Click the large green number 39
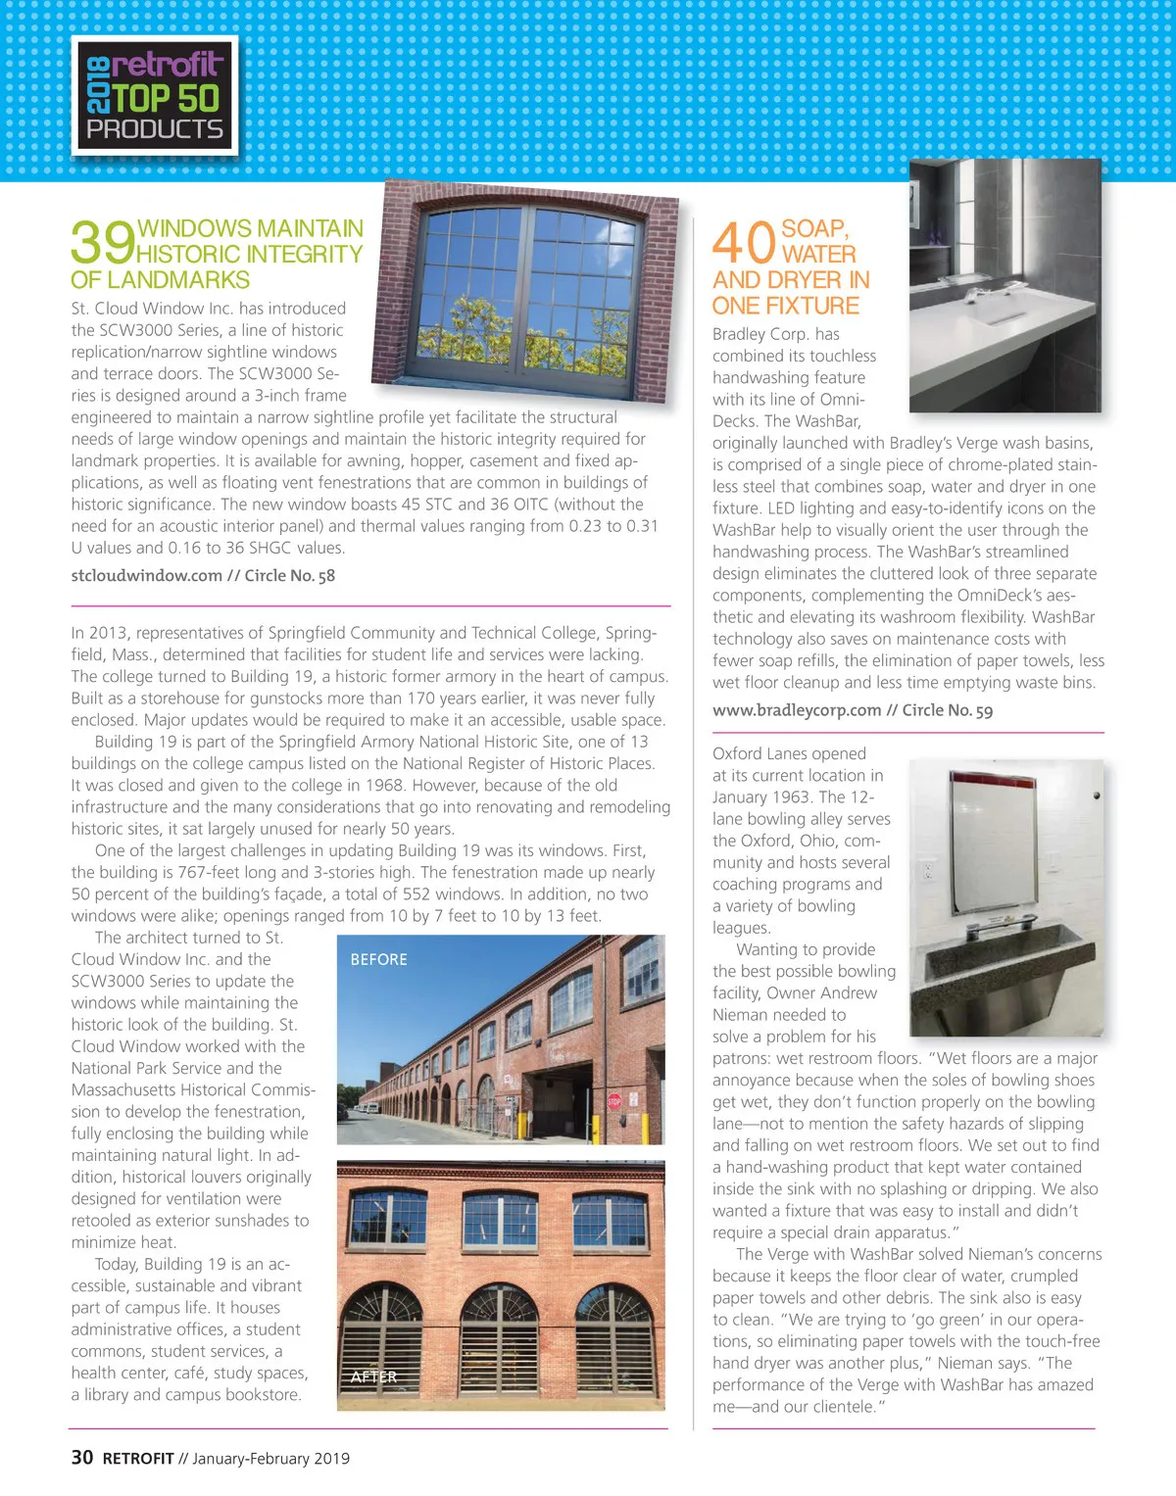tap(102, 242)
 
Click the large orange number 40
tap(744, 242)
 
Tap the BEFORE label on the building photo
tap(378, 959)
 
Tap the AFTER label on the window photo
tap(373, 1376)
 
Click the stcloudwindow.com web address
tap(146, 575)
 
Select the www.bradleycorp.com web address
tap(797, 710)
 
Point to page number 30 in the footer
tap(82, 1458)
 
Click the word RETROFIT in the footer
tap(138, 1459)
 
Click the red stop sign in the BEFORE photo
tap(614, 1101)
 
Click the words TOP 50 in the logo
tap(167, 98)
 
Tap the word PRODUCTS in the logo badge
tap(155, 129)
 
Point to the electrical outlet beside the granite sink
tap(927, 870)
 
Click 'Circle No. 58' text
tap(289, 575)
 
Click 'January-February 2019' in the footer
tap(270, 1459)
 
